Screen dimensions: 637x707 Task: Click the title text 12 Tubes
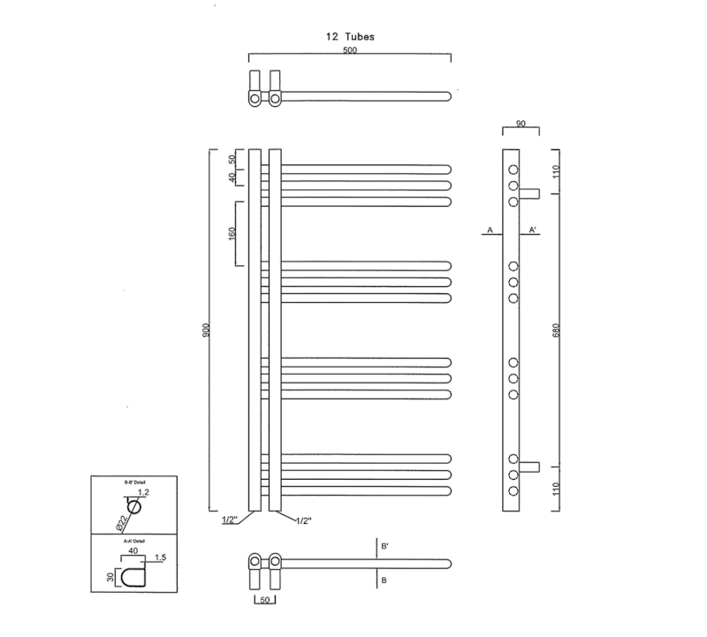pos(349,37)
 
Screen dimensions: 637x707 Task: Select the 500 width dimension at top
pos(351,51)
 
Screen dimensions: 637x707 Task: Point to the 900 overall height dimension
pos(205,330)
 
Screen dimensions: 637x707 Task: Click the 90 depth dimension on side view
pos(521,125)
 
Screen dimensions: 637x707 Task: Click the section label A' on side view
pos(533,230)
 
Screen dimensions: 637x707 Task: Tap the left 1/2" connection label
pos(229,520)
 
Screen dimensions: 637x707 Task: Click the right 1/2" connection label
pos(304,520)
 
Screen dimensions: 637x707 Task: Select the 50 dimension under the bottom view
pos(264,602)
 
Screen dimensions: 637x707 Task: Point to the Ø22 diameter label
pos(118,521)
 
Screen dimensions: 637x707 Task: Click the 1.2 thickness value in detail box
pos(144,492)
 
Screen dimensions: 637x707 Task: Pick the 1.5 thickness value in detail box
pos(161,557)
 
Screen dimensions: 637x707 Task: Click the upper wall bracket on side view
pos(529,193)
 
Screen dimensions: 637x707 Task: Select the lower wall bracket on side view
pos(529,466)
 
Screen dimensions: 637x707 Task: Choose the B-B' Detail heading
pos(134,482)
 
